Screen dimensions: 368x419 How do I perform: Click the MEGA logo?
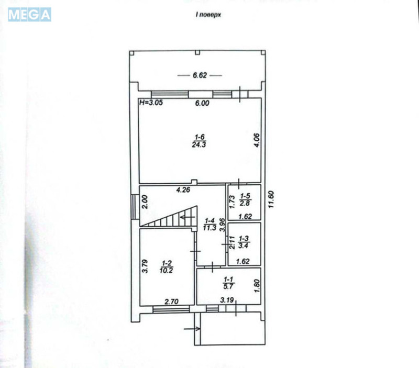point(30,15)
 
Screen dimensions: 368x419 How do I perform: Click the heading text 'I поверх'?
point(208,16)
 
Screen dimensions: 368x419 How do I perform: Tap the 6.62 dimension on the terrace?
point(200,76)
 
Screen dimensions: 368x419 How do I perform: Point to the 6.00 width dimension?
point(202,104)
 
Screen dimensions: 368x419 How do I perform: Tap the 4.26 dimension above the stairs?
point(182,190)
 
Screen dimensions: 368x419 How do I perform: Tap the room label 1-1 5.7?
point(228,283)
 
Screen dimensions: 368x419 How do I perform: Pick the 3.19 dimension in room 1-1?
point(227,300)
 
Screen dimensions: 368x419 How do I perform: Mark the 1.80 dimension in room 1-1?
point(256,285)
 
